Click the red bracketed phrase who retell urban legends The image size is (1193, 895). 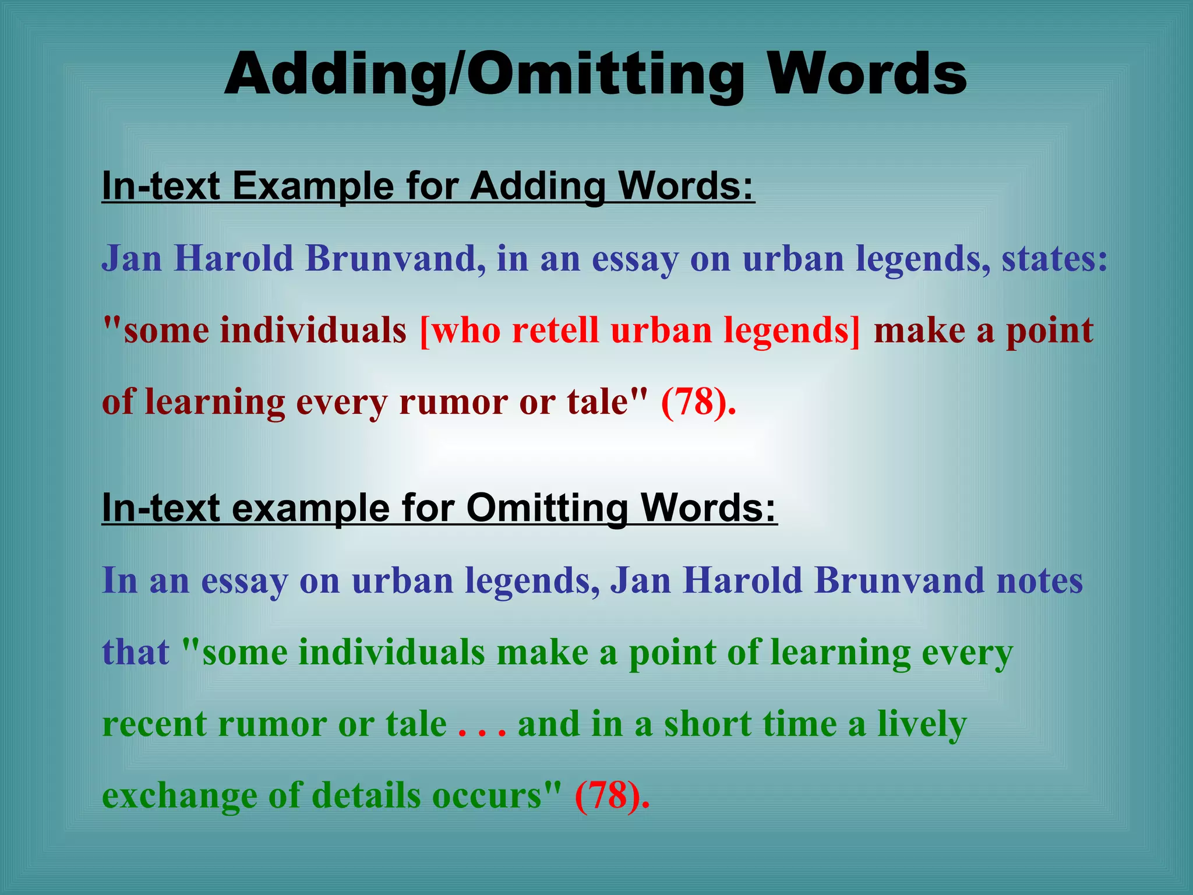640,330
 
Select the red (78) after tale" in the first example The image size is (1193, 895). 698,401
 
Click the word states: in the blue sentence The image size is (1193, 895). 1054,258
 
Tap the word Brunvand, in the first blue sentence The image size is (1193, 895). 396,258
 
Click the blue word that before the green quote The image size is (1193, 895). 135,652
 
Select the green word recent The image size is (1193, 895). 154,724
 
